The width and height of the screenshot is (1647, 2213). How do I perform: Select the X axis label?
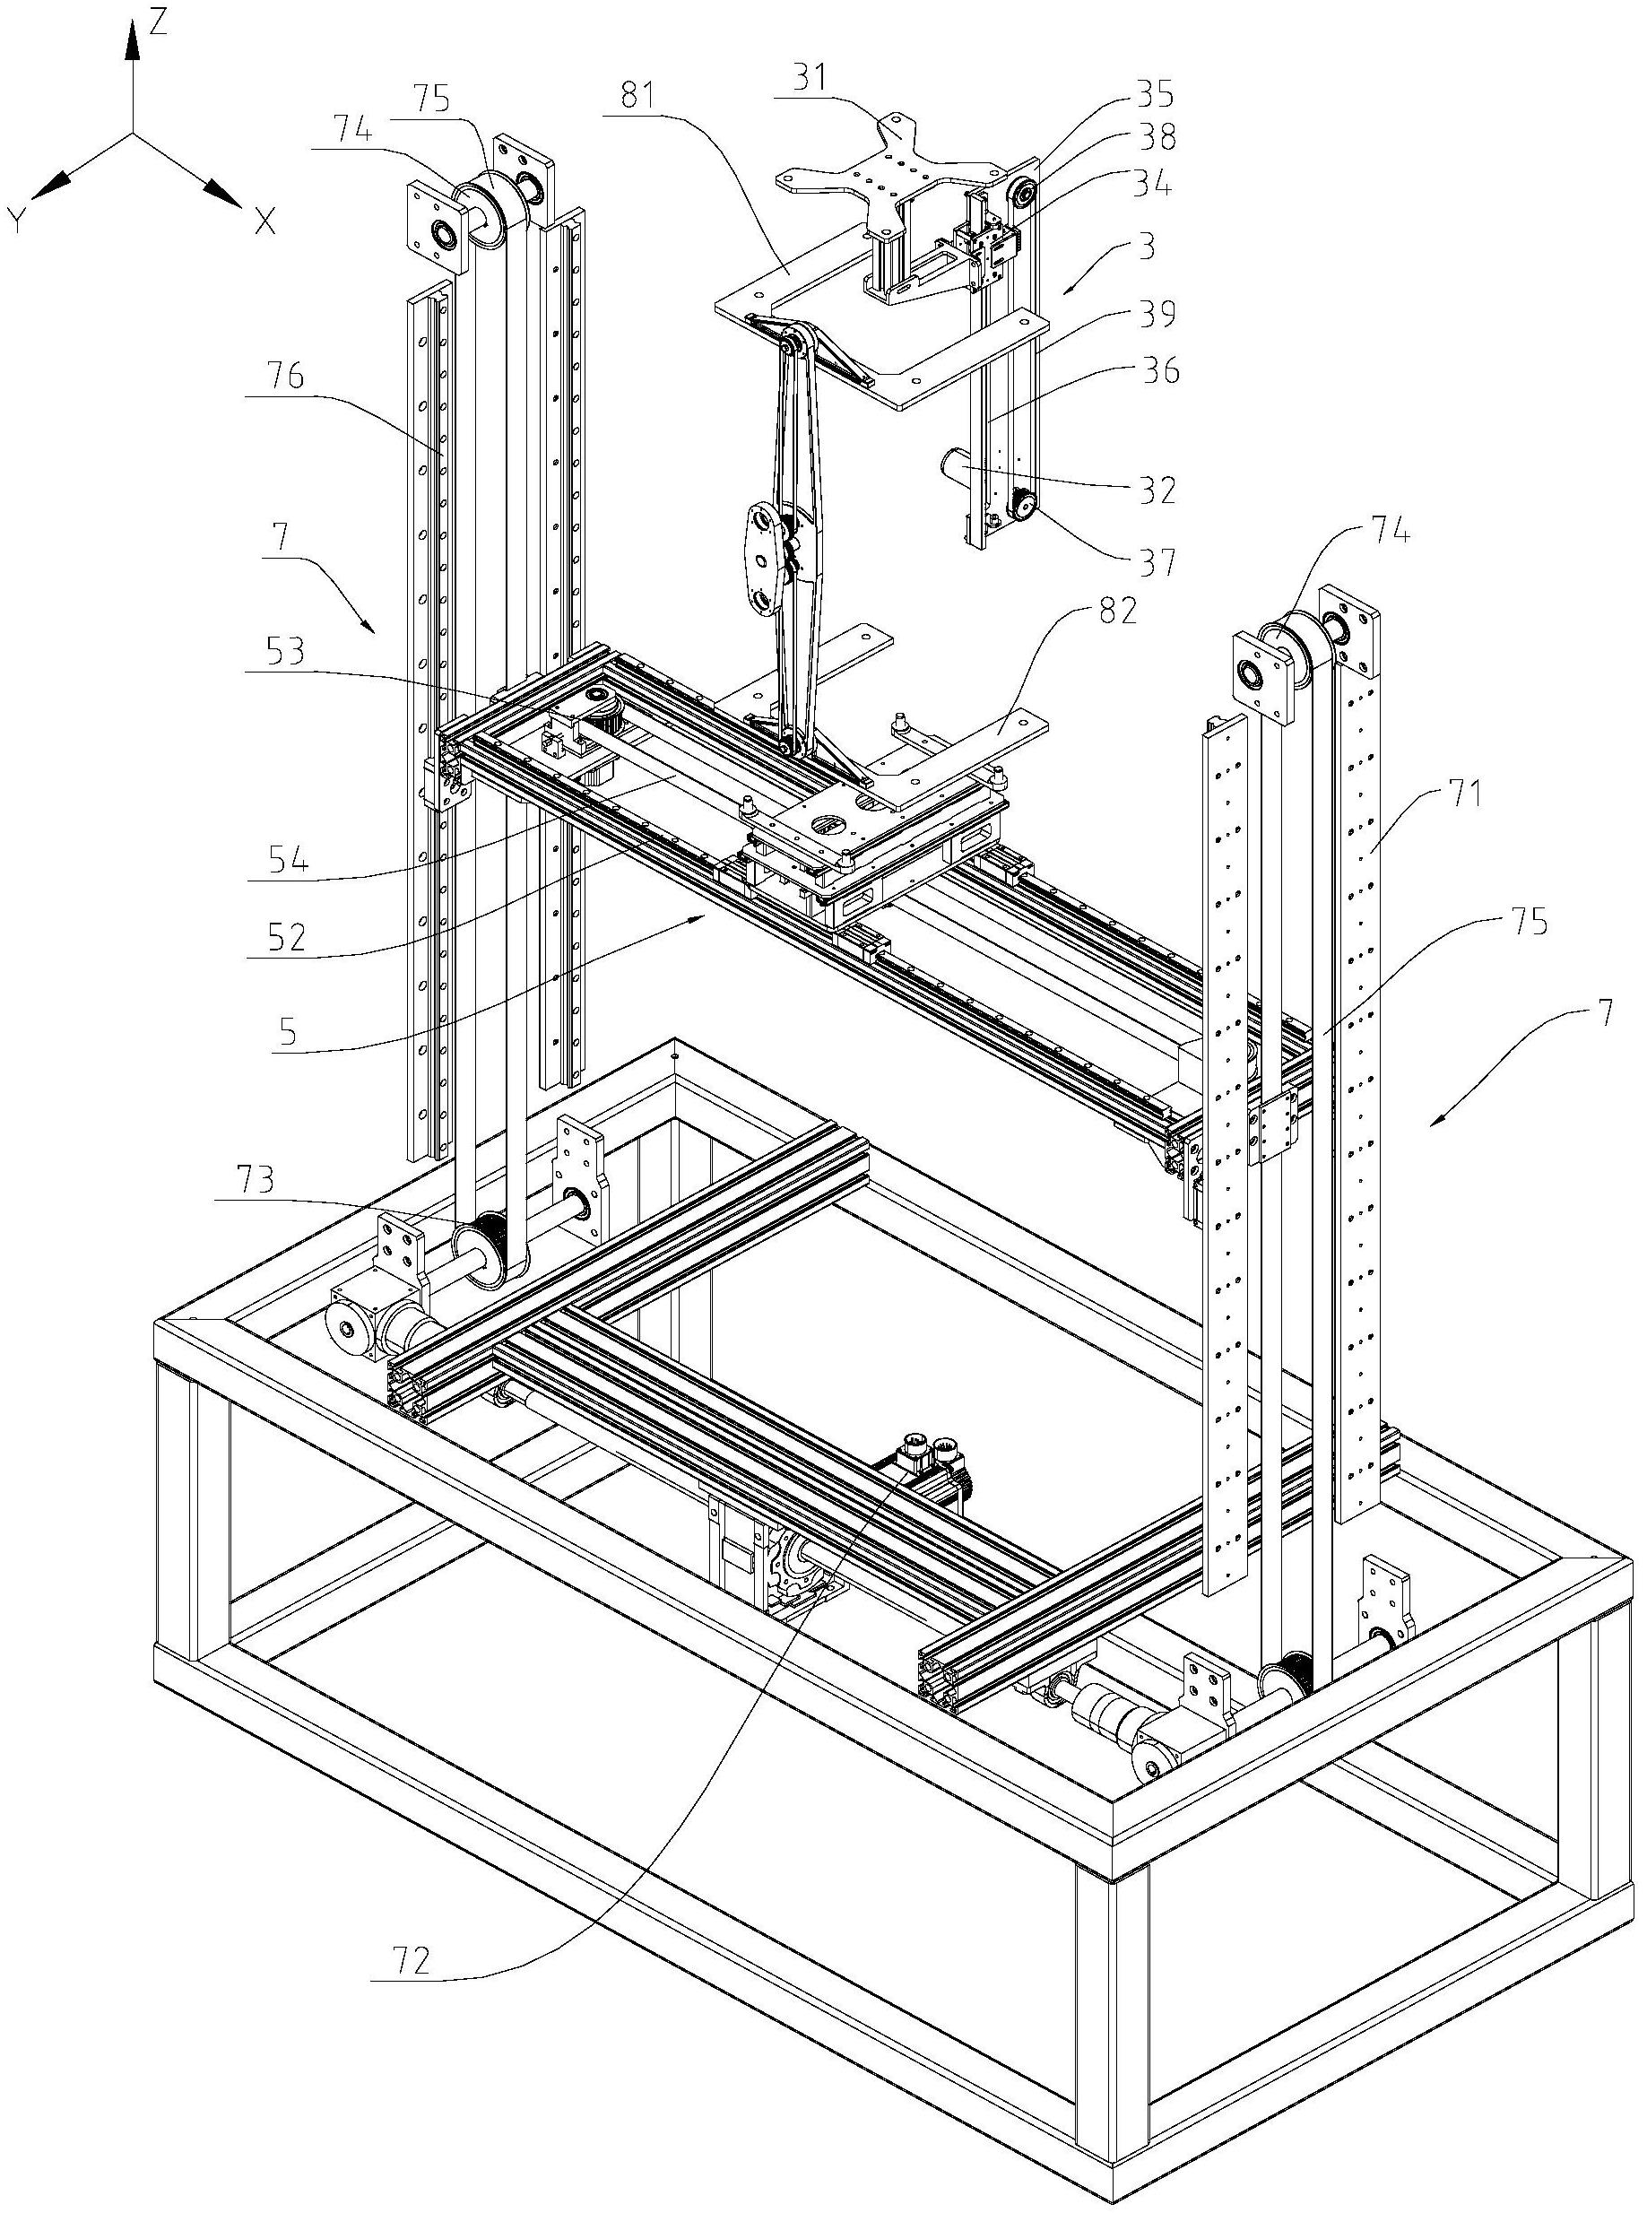pos(264,221)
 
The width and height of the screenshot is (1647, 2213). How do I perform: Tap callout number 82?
pos(1116,611)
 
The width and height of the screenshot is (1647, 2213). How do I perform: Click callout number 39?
pos(1157,314)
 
